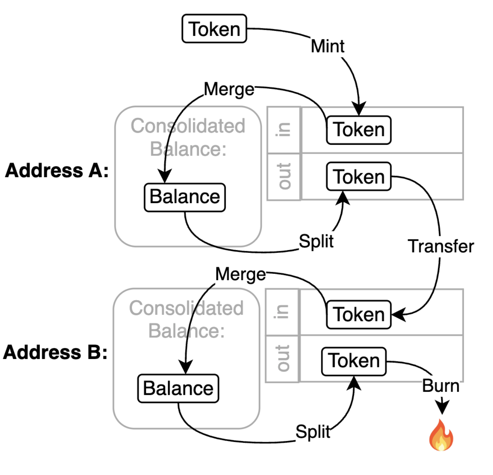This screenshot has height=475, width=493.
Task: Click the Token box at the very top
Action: [214, 29]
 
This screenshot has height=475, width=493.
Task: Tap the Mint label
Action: [327, 46]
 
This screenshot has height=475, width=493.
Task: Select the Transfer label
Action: [441, 246]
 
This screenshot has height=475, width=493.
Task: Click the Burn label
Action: [440, 385]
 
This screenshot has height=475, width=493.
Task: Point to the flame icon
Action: [441, 435]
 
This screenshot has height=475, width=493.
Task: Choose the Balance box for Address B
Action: [178, 389]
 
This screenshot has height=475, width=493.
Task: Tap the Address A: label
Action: [57, 170]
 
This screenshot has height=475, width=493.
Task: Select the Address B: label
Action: [55, 352]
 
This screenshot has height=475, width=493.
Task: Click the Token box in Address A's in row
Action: [359, 130]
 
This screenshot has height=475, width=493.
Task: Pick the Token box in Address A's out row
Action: [359, 176]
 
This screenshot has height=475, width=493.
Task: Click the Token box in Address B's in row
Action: [359, 315]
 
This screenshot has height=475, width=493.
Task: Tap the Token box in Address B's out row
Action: [354, 361]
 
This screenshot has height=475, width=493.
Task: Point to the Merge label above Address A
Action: [229, 89]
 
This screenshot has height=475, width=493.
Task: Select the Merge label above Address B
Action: [241, 274]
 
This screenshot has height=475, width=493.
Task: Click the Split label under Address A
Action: [316, 241]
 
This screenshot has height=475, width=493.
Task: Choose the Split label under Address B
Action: [313, 432]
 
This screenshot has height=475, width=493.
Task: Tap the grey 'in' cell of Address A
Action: [284, 130]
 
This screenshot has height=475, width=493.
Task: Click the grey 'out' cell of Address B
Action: [282, 358]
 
